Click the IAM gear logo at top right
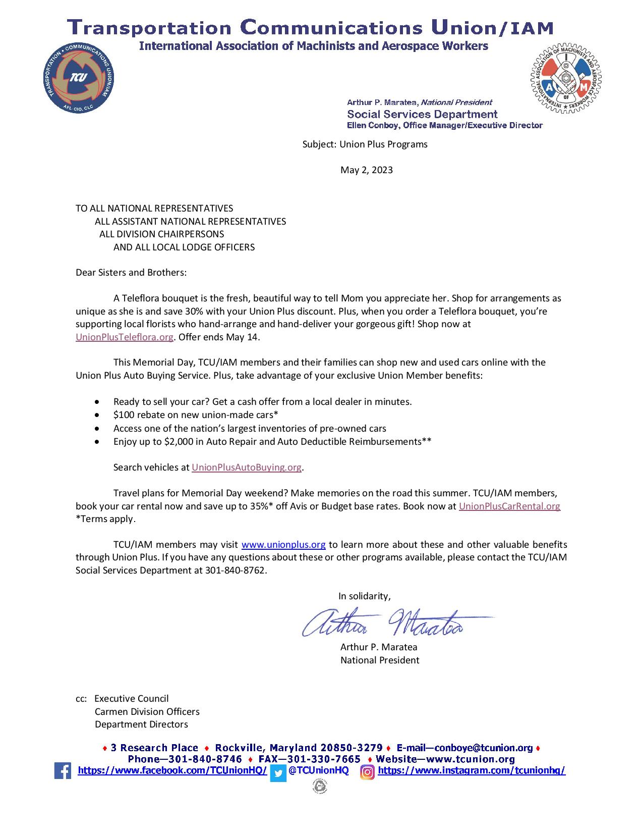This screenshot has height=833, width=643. point(566,79)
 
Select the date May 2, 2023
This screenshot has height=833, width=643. point(366,170)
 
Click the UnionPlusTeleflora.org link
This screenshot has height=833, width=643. point(125,337)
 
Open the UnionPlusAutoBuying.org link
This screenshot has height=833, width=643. point(247,467)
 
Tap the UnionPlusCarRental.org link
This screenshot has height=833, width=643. point(509,506)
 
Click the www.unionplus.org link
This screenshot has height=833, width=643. point(283,545)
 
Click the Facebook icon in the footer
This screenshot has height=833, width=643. point(63,771)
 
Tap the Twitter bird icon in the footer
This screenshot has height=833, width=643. point(278,773)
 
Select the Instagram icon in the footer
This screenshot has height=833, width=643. point(368,772)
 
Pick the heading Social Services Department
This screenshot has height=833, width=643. point(422,114)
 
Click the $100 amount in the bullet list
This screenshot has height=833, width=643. point(123,415)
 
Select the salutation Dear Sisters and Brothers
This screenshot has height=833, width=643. point(131,273)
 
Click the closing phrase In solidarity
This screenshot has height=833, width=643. point(364,596)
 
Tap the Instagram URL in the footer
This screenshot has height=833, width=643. point(472,770)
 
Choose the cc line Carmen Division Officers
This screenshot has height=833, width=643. point(147,712)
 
